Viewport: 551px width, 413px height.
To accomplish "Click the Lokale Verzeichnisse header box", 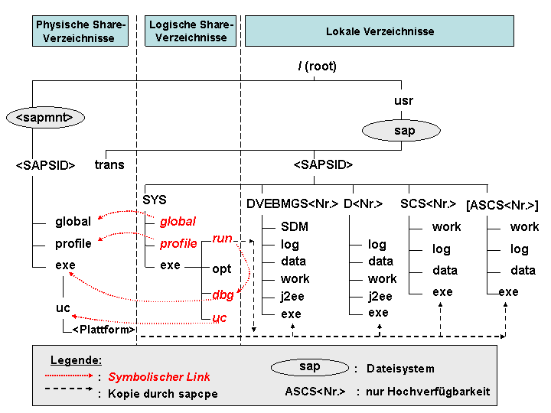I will coord(380,31).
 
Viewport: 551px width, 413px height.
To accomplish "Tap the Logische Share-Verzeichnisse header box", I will coord(191,31).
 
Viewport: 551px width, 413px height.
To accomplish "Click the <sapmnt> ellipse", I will coord(44,117).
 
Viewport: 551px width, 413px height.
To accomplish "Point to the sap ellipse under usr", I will coord(405,131).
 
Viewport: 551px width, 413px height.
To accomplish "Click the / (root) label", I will coord(317,67).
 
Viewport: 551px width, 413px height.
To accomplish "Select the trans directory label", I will coord(109,164).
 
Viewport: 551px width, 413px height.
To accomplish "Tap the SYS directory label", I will coord(155,200).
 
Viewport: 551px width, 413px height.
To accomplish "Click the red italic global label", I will coord(178,222).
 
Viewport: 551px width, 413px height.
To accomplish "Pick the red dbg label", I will coord(222,294).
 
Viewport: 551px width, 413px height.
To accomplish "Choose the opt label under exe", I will coord(222,270).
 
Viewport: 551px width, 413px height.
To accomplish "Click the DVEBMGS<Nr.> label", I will coord(292,204).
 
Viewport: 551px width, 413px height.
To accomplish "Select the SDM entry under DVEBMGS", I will coord(294,227).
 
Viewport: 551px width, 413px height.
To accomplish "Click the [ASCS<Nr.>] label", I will coord(502,204).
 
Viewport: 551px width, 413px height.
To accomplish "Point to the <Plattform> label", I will coord(103,330).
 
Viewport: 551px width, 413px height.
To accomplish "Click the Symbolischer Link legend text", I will coord(159,377).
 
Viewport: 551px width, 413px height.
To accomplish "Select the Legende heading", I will coord(76,360).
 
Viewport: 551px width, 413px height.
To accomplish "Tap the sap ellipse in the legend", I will coord(310,367).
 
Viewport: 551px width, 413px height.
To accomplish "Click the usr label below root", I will coord(404,101).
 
